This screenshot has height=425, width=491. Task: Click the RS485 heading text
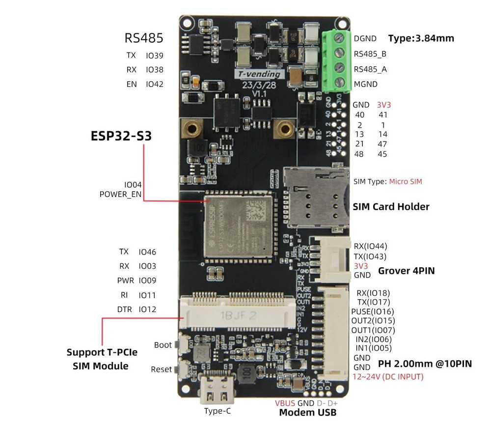pos(143,38)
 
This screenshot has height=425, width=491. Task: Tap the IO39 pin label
pos(154,56)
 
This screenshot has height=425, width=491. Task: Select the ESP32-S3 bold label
pos(121,136)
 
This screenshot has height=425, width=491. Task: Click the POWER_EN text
pos(120,194)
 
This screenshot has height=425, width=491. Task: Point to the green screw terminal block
pos(337,61)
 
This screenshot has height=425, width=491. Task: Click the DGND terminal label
pos(365,38)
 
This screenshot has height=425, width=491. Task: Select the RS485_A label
pos(370,69)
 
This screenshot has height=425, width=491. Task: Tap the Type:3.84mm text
pos(421,38)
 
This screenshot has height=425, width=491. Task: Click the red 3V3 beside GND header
pos(383,105)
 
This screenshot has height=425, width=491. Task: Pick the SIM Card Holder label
pos(391,207)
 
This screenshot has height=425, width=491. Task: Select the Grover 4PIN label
pos(406,271)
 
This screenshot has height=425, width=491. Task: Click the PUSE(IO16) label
pos(372,312)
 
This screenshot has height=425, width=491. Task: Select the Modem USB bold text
pos(308,412)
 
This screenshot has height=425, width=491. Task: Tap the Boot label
pos(163,345)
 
